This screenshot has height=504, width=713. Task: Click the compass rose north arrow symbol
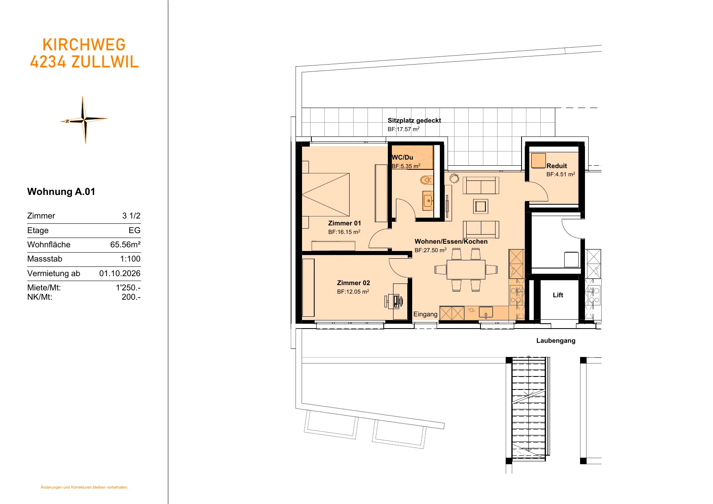click(84, 120)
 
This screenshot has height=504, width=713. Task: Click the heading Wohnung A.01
click(61, 192)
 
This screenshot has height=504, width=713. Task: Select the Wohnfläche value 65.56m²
click(125, 244)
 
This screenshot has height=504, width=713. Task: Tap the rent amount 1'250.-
click(128, 288)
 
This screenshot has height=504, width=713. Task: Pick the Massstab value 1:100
click(130, 259)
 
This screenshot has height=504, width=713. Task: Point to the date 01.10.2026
click(120, 273)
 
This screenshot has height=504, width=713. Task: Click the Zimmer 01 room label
click(344, 223)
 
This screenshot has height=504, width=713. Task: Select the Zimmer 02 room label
click(353, 283)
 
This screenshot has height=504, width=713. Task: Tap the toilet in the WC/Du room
click(426, 180)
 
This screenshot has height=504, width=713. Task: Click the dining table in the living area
click(466, 270)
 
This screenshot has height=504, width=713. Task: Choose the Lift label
click(558, 295)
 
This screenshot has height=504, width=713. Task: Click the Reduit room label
click(556, 166)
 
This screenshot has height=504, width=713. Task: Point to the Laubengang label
click(556, 341)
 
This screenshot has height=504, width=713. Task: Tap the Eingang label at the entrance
click(425, 314)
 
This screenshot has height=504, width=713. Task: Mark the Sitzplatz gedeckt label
click(414, 121)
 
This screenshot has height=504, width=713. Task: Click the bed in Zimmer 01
click(326, 195)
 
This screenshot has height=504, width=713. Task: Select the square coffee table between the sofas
click(480, 206)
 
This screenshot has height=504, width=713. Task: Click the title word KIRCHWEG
click(84, 45)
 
